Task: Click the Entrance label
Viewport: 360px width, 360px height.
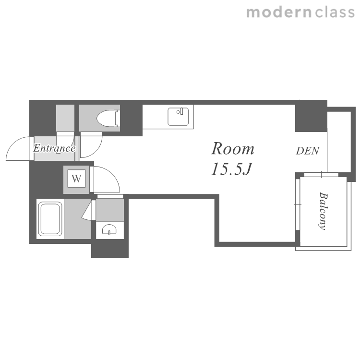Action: pyautogui.click(x=54, y=148)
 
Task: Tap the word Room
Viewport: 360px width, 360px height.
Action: pyautogui.click(x=233, y=149)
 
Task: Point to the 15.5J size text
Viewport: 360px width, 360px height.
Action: pyautogui.click(x=232, y=169)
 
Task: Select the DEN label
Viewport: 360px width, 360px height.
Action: pyautogui.click(x=308, y=151)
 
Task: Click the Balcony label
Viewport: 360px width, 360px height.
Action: pyautogui.click(x=323, y=211)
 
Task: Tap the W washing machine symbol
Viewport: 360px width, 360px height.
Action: pyautogui.click(x=76, y=178)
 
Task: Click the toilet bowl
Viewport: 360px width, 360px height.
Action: pyautogui.click(x=107, y=119)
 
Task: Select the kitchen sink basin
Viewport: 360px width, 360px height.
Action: pyautogui.click(x=178, y=117)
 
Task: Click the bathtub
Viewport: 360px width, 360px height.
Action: pyautogui.click(x=50, y=219)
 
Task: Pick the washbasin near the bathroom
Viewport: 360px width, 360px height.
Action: pyautogui.click(x=109, y=229)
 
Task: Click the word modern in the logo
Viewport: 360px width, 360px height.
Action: pyautogui.click(x=279, y=12)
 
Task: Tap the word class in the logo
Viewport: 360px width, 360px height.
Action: pyautogui.click(x=335, y=12)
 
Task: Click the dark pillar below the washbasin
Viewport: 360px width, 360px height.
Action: pyautogui.click(x=110, y=249)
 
